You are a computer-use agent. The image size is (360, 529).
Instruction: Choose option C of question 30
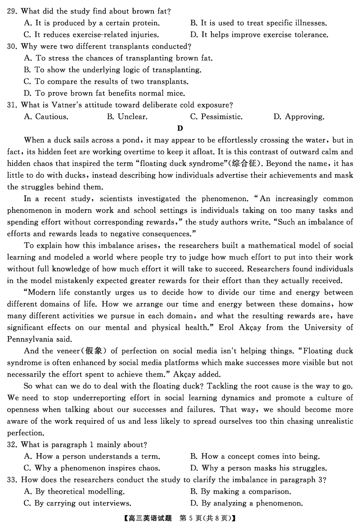106,82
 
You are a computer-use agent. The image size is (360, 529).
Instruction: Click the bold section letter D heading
180,129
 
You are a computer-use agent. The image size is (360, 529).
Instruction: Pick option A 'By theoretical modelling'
74,492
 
